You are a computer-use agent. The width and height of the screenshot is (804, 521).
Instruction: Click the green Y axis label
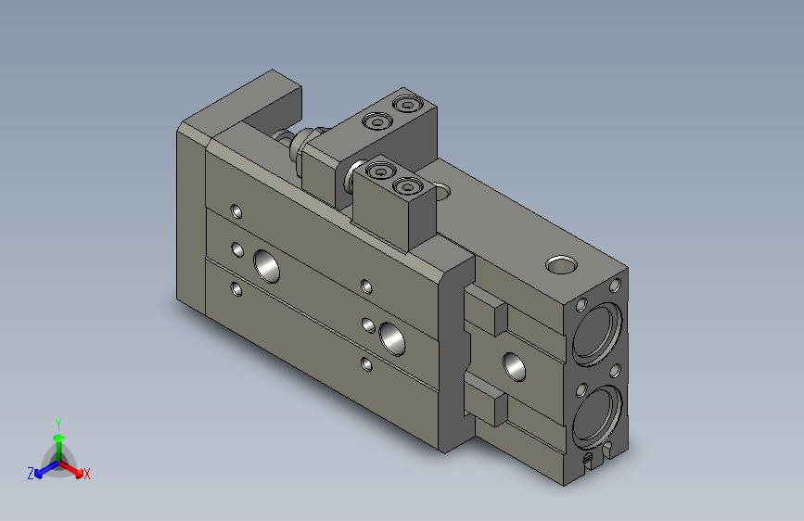[58, 423]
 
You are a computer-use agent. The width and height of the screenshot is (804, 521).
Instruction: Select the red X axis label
[87, 475]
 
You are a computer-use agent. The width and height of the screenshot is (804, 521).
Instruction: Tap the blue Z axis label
[31, 474]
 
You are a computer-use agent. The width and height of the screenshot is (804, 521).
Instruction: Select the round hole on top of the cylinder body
[561, 266]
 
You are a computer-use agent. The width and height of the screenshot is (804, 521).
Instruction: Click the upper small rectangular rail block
[486, 311]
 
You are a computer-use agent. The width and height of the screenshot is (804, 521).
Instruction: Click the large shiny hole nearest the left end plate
[268, 267]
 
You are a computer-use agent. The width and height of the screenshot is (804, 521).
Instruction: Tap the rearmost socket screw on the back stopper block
[405, 103]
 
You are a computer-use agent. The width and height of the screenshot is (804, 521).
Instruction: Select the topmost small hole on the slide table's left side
[236, 212]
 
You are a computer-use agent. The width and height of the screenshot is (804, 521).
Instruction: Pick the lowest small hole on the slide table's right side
[367, 363]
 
